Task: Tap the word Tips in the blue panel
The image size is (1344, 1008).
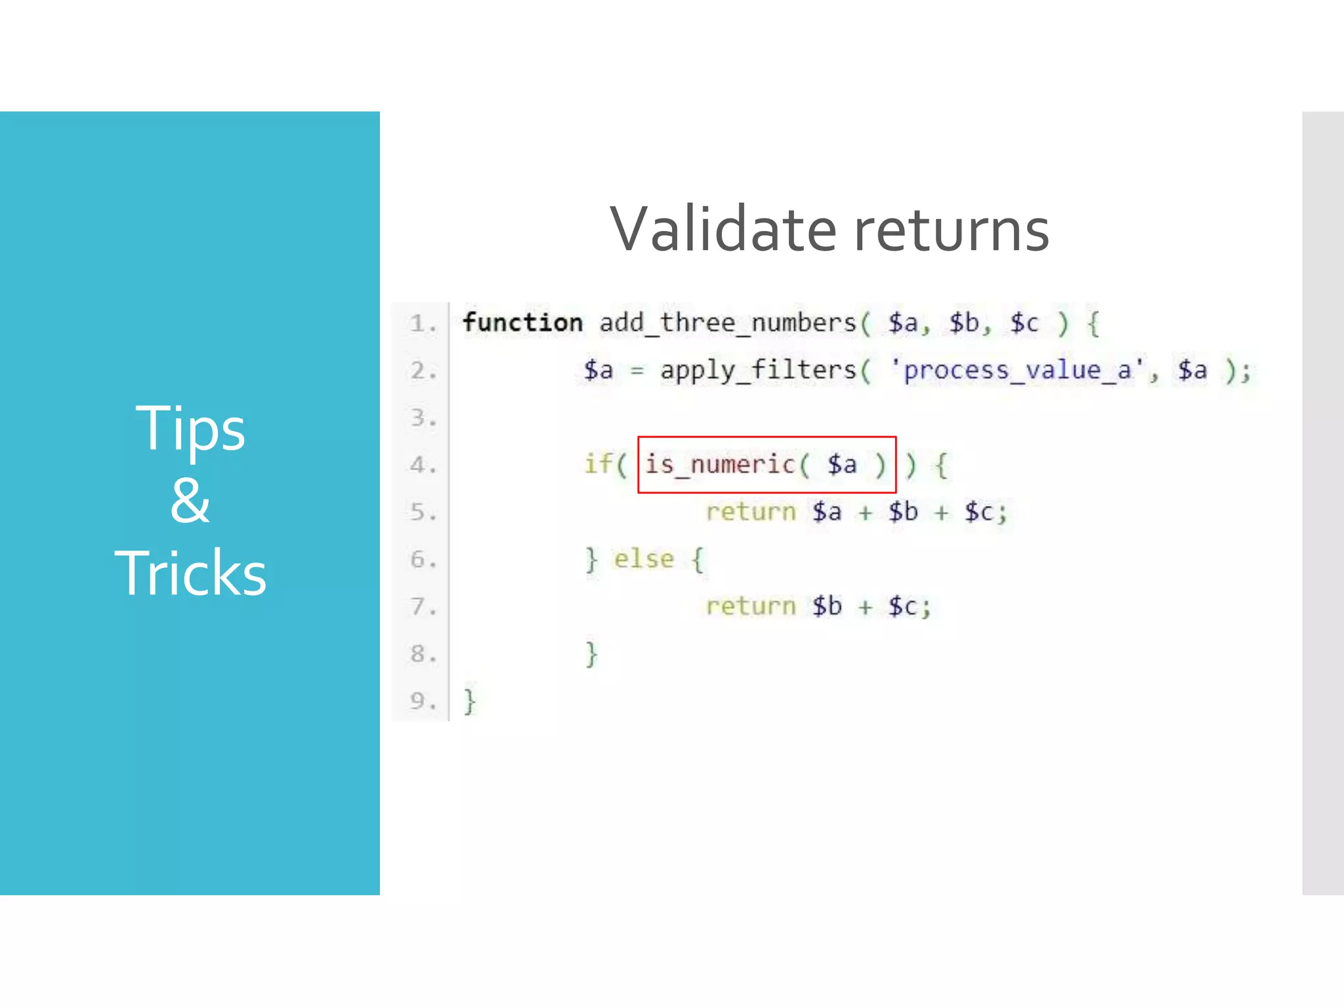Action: (x=190, y=429)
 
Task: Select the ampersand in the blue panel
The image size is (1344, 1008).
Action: (x=190, y=500)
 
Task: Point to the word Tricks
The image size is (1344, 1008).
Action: (x=190, y=573)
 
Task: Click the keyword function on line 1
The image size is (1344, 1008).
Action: (x=522, y=323)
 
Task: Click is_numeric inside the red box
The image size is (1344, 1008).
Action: (x=720, y=465)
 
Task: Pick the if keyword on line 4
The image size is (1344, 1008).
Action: (x=598, y=464)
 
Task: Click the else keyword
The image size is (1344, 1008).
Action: (x=644, y=559)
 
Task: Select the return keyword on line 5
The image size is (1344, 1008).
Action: (x=751, y=512)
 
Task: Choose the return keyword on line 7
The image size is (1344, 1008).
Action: (x=751, y=606)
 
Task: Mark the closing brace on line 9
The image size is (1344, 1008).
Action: (x=470, y=701)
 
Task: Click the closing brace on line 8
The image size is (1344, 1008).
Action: (x=591, y=654)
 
